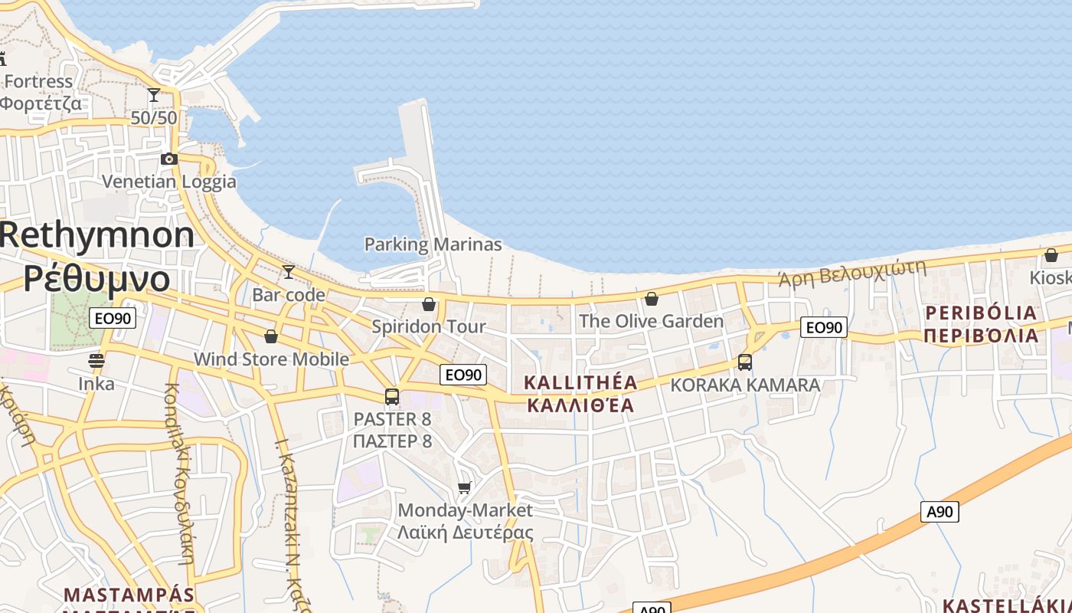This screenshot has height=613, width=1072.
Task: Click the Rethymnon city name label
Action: click(x=97, y=234)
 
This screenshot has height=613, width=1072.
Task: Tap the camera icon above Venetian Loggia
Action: click(x=169, y=159)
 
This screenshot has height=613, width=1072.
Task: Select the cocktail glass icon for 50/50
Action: click(x=154, y=95)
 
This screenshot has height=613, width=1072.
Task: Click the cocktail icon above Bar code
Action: click(x=289, y=272)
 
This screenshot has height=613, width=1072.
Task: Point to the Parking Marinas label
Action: click(x=433, y=244)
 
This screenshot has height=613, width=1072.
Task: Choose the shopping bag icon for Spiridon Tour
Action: click(x=429, y=304)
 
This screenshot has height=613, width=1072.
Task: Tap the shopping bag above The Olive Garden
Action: click(x=652, y=299)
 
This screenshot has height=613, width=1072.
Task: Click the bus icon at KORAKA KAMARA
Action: click(x=745, y=362)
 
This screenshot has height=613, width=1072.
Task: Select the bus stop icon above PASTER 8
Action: click(x=392, y=397)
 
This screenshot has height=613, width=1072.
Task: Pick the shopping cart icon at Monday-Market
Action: click(x=464, y=488)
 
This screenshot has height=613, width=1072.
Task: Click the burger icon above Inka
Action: click(x=96, y=360)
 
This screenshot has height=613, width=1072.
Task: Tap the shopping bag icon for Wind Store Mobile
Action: click(x=271, y=336)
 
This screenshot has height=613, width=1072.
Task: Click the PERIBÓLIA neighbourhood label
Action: click(x=981, y=313)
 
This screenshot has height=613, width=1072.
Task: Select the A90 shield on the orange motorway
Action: click(x=940, y=511)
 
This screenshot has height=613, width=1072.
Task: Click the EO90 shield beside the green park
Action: click(x=113, y=318)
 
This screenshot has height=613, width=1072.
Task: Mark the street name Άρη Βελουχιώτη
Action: click(x=851, y=273)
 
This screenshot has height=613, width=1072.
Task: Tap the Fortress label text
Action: click(x=38, y=81)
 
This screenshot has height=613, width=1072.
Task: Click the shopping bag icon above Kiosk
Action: click(x=1051, y=255)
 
